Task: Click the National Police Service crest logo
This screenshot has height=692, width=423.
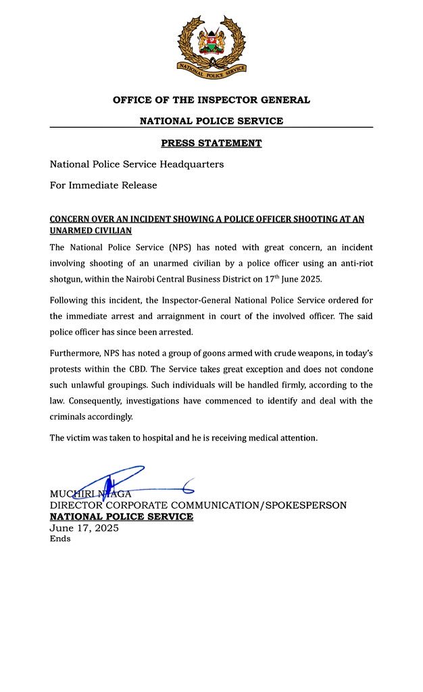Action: click(x=211, y=45)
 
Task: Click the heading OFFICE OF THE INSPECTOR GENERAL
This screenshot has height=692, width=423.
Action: click(x=211, y=100)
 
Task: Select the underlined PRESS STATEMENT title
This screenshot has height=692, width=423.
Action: click(x=211, y=143)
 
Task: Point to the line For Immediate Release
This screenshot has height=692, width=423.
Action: click(x=103, y=185)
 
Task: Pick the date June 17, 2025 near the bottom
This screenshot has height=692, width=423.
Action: click(x=84, y=528)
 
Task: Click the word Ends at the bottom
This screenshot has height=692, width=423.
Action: click(x=59, y=539)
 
